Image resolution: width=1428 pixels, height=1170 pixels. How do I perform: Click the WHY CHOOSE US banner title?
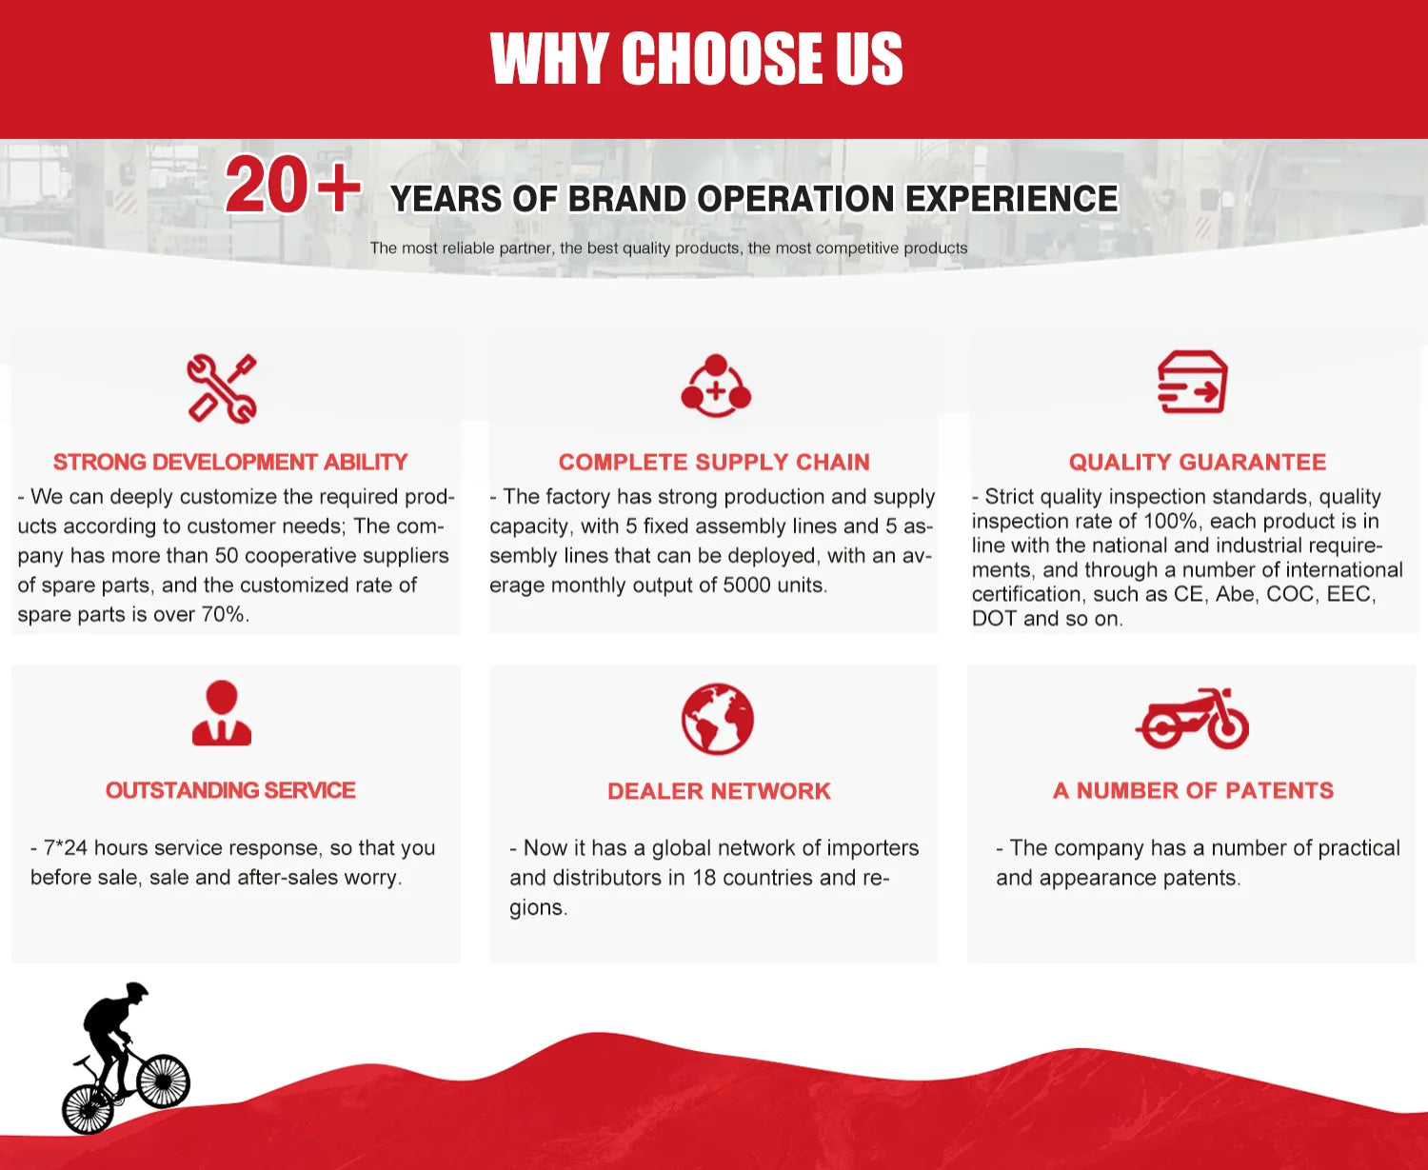pos(696,58)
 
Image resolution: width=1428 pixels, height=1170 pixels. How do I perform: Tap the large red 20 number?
pos(267,184)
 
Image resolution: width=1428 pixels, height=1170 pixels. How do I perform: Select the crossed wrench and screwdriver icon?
pos(222,388)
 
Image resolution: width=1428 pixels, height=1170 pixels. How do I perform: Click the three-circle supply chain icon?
pos(716,386)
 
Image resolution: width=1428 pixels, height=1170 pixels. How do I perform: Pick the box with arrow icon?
pos(1192,381)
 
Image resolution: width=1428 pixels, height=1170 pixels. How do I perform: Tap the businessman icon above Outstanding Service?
pos(222,712)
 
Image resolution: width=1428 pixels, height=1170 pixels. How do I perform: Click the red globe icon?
pos(717,719)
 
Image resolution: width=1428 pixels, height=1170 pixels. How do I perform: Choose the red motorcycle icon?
pos(1192,719)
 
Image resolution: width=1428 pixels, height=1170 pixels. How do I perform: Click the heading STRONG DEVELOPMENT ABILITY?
pos(230,462)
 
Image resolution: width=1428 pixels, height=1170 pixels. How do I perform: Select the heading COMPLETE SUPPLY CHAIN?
pos(714,462)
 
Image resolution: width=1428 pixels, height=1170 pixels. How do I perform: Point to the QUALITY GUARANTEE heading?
pos(1197,462)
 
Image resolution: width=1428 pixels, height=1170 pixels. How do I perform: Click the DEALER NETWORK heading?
pos(719,791)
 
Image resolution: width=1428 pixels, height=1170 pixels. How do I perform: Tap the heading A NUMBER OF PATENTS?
pos(1193,790)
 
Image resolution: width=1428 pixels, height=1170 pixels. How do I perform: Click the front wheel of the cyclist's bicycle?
pos(163,1081)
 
